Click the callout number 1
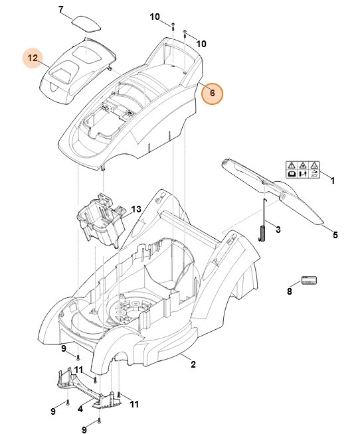(332, 181)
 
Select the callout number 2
(193, 364)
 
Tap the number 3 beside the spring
(278, 230)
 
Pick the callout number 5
(335, 234)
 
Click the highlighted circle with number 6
(212, 94)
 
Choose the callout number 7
(61, 9)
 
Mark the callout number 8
(290, 290)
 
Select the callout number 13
(135, 209)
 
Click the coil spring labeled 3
(262, 234)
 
